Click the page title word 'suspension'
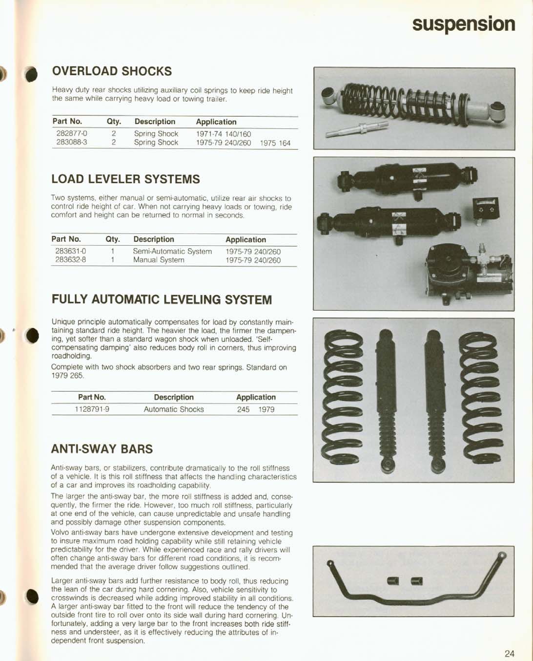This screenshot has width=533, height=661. [463, 24]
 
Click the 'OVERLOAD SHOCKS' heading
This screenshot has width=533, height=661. [112, 71]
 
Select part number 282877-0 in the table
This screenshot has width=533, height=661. [72, 133]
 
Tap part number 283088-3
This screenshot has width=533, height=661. [72, 143]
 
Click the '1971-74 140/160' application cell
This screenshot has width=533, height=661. [224, 134]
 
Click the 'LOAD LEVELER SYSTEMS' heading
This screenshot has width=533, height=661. [125, 179]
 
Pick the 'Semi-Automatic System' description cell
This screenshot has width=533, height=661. [172, 252]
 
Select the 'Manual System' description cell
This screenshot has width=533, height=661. [159, 260]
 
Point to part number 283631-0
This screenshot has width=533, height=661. [71, 252]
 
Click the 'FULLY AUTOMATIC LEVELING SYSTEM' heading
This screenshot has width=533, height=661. [162, 300]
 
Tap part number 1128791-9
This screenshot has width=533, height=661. [92, 409]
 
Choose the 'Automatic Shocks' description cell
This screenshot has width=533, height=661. [174, 409]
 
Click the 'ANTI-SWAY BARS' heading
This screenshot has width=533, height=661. [102, 449]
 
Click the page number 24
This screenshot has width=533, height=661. [509, 654]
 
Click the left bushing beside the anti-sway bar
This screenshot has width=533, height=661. [393, 580]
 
